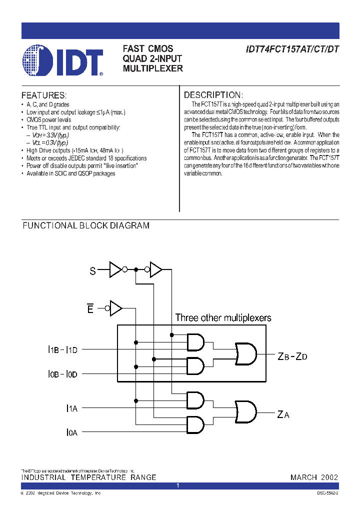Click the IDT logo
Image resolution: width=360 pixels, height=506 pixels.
(62, 60)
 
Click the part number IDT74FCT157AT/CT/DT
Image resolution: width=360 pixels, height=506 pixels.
(292, 50)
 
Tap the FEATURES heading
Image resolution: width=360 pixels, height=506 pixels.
(43, 95)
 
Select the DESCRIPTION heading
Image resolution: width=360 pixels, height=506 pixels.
(213, 95)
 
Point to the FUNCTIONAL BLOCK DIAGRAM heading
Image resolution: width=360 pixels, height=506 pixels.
(86, 225)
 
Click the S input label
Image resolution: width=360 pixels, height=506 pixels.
(92, 271)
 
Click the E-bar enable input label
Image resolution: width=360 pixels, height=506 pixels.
(90, 308)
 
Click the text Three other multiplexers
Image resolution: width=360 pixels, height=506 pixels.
(223, 318)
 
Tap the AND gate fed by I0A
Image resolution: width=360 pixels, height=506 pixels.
(195, 424)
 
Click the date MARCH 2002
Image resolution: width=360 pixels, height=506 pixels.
(314, 477)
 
